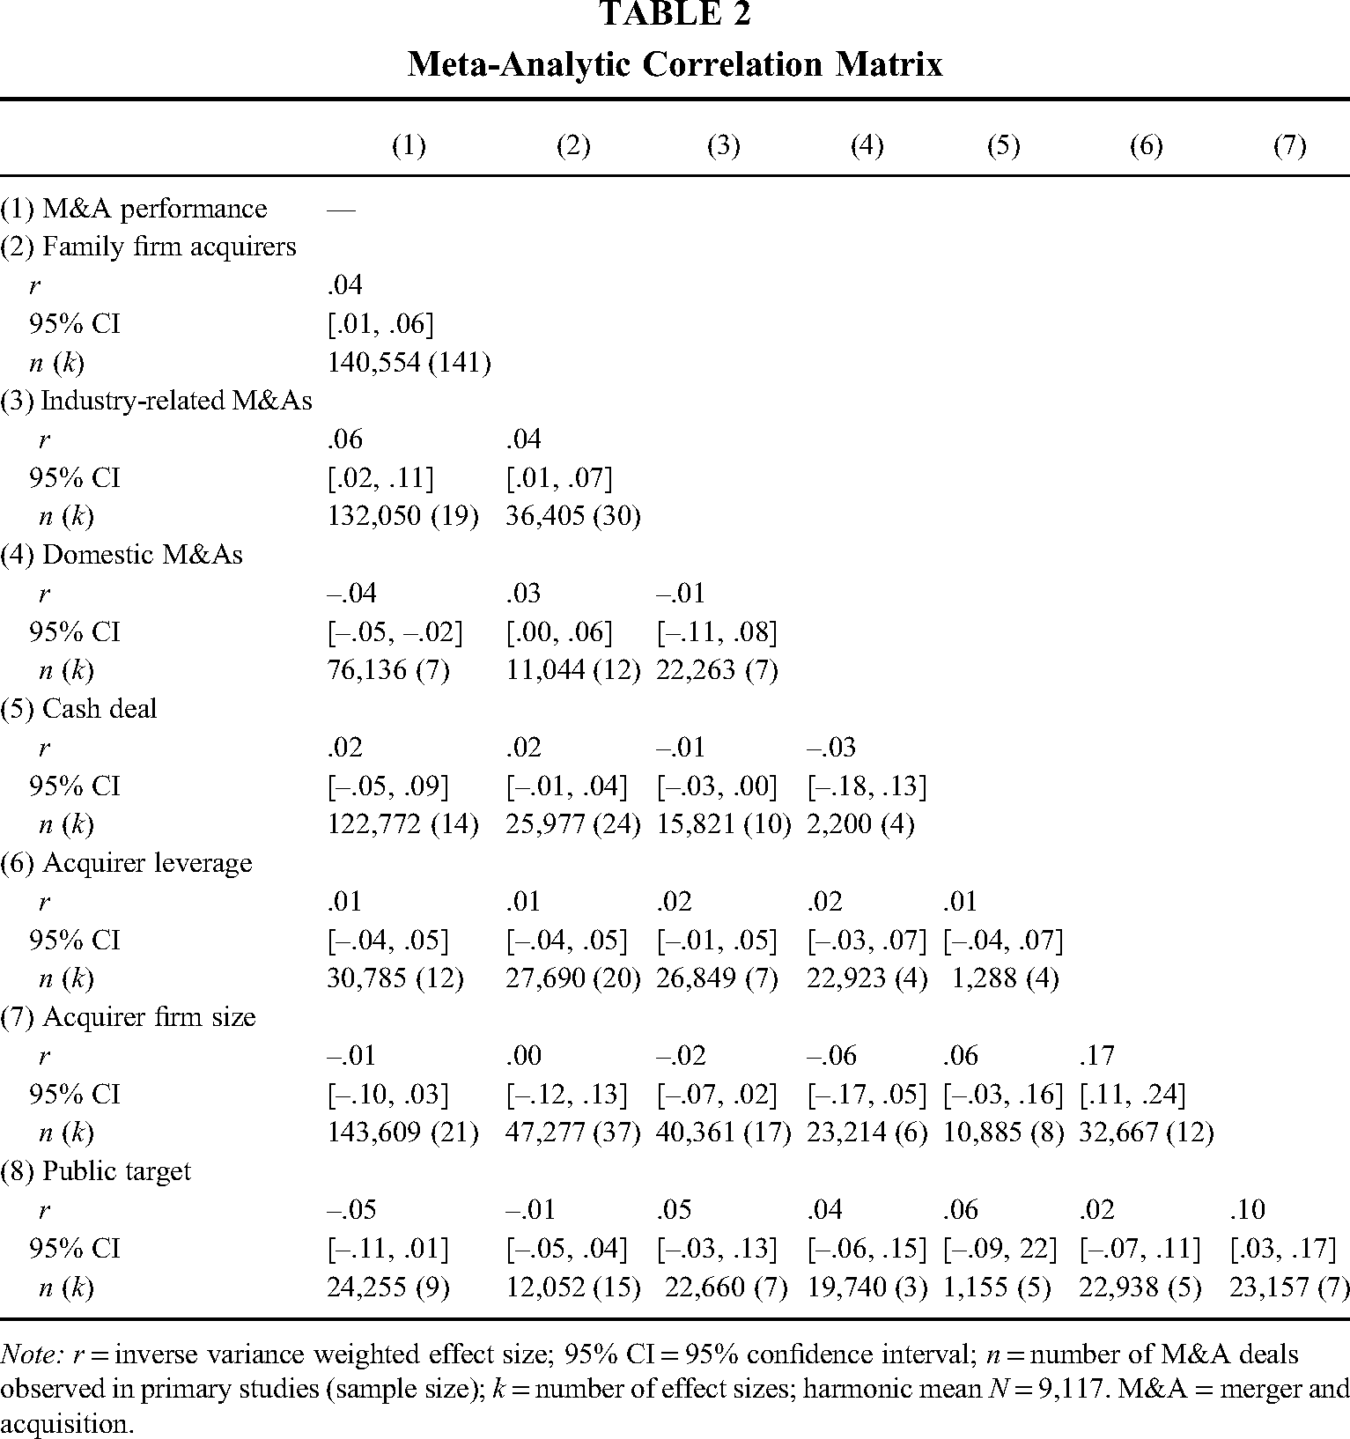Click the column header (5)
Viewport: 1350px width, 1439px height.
[x=1003, y=146]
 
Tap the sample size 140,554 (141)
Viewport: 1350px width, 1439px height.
[x=409, y=363]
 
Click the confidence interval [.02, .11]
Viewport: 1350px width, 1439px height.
[x=380, y=478]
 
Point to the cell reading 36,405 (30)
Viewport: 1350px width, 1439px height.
[x=572, y=517]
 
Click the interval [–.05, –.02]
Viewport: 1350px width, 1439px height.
[x=395, y=632]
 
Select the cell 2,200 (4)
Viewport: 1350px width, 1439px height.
[x=860, y=825]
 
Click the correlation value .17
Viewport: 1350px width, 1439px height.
[x=1096, y=1055]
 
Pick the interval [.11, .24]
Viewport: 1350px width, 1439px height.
[x=1132, y=1095]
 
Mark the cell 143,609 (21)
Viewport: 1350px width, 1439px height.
[x=402, y=1133]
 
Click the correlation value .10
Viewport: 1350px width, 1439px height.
[x=1247, y=1209]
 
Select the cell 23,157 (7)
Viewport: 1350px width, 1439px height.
[x=1288, y=1288]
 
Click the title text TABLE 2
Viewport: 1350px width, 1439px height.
[x=675, y=15]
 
